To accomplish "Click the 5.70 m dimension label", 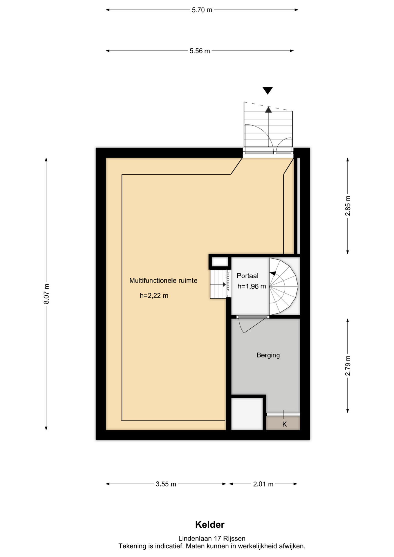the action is tap(202, 10).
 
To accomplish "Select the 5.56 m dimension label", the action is tap(200, 51).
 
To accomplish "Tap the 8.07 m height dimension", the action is tap(46, 294).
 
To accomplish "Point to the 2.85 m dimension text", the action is tap(348, 206).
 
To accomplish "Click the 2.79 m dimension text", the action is tap(348, 366).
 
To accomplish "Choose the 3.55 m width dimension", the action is tap(166, 484).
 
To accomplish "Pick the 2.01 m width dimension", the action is tap(263, 484).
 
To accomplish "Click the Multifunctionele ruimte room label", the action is tap(163, 281).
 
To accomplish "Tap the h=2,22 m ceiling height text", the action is tap(154, 296).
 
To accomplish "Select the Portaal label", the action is tap(247, 276).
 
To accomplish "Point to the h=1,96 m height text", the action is tap(252, 286).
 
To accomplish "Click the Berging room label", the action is tap(268, 355).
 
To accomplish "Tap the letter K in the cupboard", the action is tap(285, 424).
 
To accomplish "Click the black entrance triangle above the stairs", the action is tap(268, 91).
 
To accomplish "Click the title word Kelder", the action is tap(210, 525).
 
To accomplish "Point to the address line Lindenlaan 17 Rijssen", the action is tap(212, 538).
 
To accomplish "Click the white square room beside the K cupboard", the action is tap(247, 414).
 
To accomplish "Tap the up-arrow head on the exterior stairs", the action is tap(268, 110).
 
